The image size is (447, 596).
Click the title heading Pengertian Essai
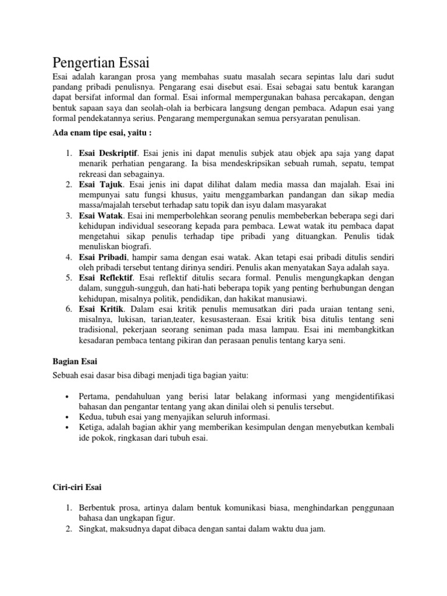pyautogui.click(x=102, y=62)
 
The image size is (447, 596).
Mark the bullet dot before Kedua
pyautogui.click(x=69, y=417)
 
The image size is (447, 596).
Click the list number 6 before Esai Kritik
pyautogui.click(x=68, y=308)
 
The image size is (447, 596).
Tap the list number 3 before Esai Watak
pyautogui.click(x=68, y=215)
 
